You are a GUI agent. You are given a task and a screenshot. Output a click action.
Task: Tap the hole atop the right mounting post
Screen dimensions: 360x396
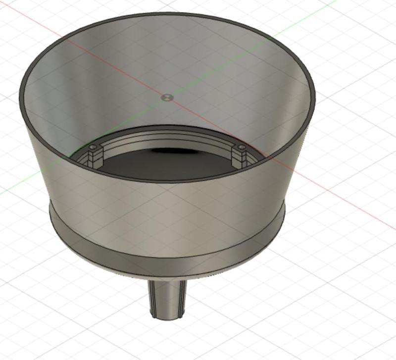click(x=241, y=148)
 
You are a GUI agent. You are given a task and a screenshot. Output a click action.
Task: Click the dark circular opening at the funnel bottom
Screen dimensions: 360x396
click(x=163, y=166)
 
